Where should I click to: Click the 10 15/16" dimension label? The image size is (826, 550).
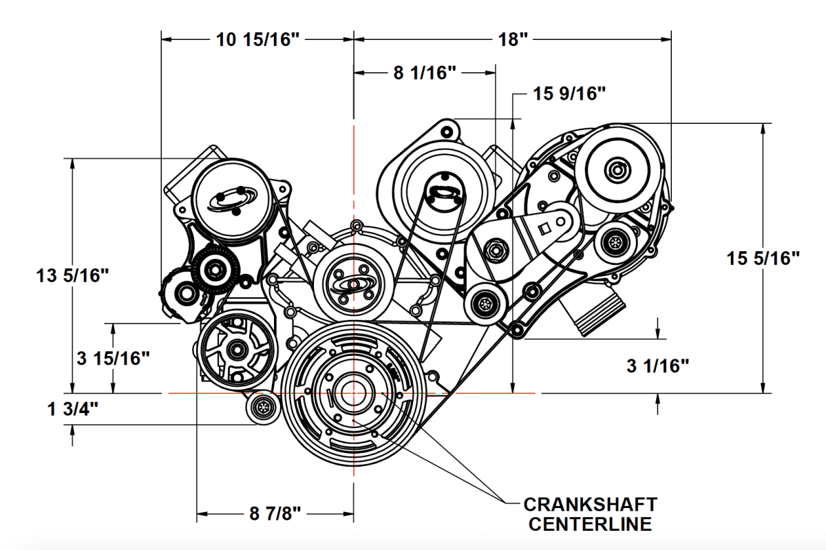(x=258, y=39)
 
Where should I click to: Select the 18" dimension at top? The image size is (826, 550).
(x=512, y=39)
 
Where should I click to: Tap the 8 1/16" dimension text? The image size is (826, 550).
(x=425, y=73)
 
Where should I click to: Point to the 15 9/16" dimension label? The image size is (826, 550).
(x=569, y=94)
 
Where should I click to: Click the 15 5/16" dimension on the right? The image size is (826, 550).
(x=763, y=259)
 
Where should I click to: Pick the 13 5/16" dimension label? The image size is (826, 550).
(x=73, y=276)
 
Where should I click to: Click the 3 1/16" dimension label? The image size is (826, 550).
(x=658, y=366)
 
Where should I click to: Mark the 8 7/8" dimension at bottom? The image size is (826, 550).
(x=275, y=514)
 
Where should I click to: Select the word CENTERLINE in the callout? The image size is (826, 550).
(x=589, y=525)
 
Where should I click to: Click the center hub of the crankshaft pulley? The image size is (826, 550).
(x=352, y=392)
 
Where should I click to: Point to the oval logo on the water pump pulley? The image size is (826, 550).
(x=352, y=283)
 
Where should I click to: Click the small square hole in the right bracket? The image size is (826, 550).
(x=542, y=227)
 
